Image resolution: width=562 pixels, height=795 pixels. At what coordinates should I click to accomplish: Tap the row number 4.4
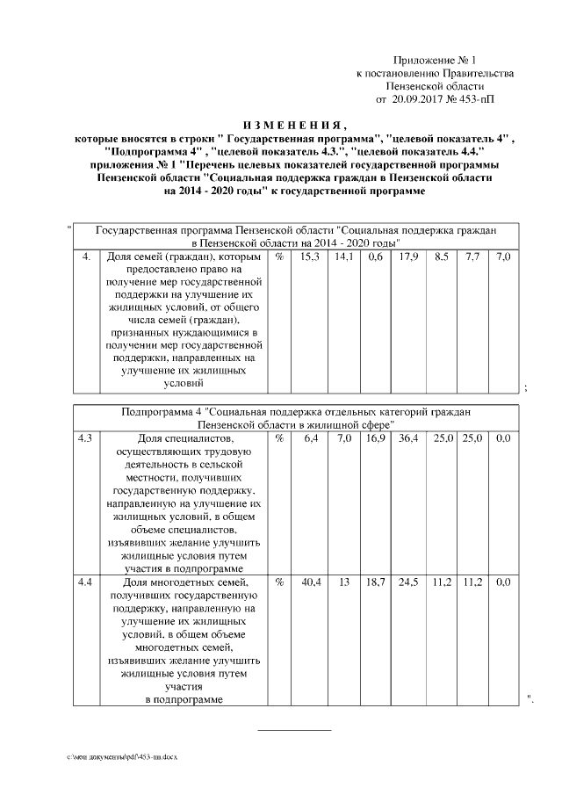pyautogui.click(x=86, y=582)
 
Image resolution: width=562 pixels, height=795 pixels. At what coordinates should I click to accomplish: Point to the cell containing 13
pyautogui.click(x=344, y=582)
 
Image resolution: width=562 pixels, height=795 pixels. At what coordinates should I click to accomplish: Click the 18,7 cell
pyautogui.click(x=375, y=582)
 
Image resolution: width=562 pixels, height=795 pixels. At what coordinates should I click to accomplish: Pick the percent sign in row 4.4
pyautogui.click(x=278, y=582)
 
